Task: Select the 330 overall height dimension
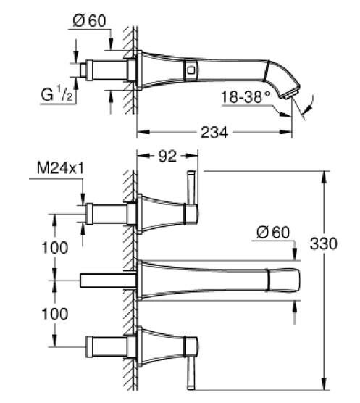tap(323, 244)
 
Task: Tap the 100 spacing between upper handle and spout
tap(54, 246)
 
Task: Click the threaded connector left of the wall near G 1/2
tap(101, 70)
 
